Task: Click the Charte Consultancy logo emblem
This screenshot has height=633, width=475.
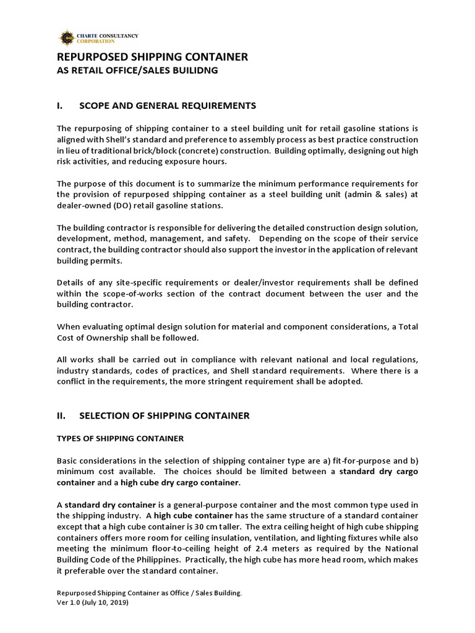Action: click(66, 37)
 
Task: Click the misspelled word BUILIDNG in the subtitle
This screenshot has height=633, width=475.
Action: click(192, 70)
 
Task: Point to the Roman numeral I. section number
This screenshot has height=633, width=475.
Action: click(60, 106)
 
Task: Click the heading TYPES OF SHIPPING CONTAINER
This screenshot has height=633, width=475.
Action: click(120, 438)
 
